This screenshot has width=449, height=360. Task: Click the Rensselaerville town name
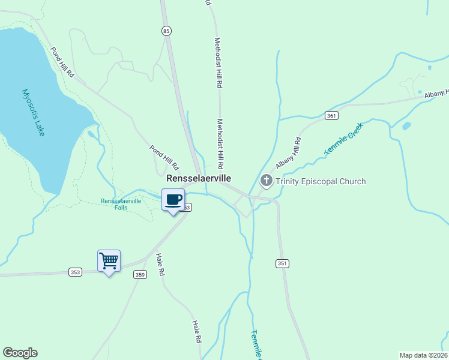click(x=199, y=179)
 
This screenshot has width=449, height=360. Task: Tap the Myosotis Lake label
click(x=34, y=112)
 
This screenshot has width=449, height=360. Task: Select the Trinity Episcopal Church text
click(x=321, y=181)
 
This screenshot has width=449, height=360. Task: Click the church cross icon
click(x=266, y=180)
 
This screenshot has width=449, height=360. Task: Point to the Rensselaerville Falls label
click(x=121, y=204)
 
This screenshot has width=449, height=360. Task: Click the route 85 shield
click(x=166, y=30)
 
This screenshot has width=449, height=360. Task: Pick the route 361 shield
click(x=331, y=115)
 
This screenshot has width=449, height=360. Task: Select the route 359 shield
click(x=140, y=275)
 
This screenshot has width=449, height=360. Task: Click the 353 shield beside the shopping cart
click(x=75, y=272)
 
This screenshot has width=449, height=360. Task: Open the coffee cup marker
click(x=173, y=200)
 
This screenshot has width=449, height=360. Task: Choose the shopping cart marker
click(x=109, y=261)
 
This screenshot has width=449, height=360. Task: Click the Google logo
click(x=20, y=353)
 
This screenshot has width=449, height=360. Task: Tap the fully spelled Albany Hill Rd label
click(x=289, y=152)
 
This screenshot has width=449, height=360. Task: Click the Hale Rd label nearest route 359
click(x=160, y=265)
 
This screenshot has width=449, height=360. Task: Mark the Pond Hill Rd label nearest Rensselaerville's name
click(x=164, y=156)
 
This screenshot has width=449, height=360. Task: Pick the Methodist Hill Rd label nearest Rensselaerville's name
click(x=220, y=143)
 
